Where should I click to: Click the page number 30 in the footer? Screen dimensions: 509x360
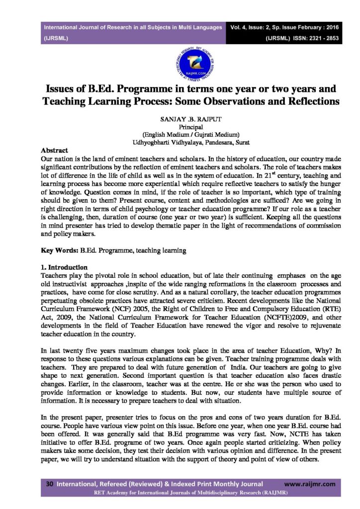click(50, 484)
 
